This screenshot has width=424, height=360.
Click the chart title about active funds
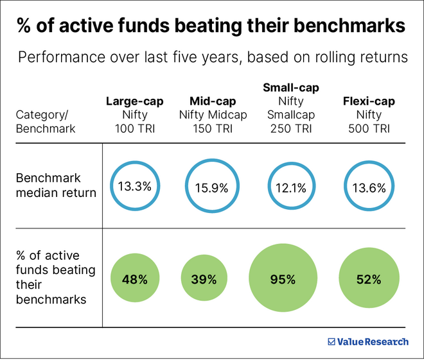[211, 26]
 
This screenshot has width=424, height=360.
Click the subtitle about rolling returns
[211, 57]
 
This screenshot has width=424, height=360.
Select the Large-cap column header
[134, 101]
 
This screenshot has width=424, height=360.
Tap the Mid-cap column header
[212, 101]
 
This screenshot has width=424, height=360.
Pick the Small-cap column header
[291, 87]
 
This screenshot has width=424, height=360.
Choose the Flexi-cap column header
[368, 101]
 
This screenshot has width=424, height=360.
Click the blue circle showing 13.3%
[134, 187]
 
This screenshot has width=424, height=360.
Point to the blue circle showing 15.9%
[212, 188]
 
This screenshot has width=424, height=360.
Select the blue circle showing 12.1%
[291, 188]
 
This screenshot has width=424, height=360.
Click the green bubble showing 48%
[135, 279]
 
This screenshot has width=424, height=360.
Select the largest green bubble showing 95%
[283, 279]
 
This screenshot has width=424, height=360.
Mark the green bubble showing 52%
[368, 279]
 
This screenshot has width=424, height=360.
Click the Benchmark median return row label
[55, 186]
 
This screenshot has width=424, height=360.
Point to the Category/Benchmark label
[46, 122]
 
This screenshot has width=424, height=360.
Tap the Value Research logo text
[373, 342]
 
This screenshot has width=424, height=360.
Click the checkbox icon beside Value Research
[331, 342]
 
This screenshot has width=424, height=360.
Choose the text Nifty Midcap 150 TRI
[212, 122]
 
